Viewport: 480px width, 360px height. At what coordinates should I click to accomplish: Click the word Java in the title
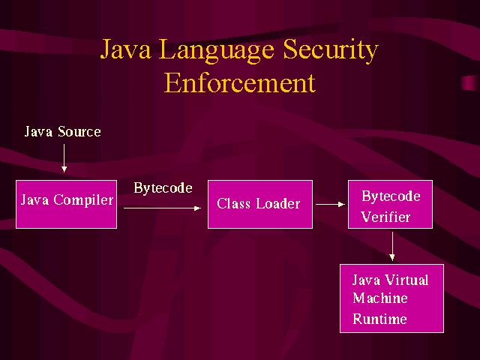click(x=126, y=49)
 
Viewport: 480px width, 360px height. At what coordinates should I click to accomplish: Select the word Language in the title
click(x=217, y=51)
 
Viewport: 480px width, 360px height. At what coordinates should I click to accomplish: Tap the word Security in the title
click(x=331, y=51)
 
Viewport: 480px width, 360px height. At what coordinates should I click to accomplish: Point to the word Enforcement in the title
click(x=240, y=82)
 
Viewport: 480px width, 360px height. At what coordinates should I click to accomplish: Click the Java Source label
click(x=63, y=132)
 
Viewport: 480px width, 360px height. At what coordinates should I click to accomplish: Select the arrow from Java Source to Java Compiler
click(x=64, y=158)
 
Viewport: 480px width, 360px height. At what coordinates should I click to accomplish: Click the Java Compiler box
click(x=66, y=204)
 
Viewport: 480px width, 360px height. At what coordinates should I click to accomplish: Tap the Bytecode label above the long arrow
click(x=163, y=188)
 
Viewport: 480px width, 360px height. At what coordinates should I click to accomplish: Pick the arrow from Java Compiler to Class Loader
click(x=162, y=208)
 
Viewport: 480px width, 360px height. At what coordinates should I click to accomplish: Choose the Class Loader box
click(x=260, y=204)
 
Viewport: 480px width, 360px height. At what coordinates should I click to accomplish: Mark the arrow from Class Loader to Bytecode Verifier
click(x=330, y=204)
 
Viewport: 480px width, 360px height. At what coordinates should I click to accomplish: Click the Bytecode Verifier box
click(x=390, y=204)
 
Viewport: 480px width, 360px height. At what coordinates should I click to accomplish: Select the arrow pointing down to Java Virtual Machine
click(x=392, y=246)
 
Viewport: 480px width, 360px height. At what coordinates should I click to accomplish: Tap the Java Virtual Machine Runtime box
click(x=391, y=298)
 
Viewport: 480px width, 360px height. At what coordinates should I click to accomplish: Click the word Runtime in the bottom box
click(x=380, y=319)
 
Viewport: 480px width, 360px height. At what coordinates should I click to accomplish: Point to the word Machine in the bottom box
click(x=380, y=298)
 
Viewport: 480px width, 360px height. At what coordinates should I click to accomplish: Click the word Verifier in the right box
click(x=385, y=217)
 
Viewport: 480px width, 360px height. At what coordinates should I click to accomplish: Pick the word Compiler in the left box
click(x=83, y=200)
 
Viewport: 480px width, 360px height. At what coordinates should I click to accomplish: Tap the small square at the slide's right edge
click(x=469, y=82)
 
